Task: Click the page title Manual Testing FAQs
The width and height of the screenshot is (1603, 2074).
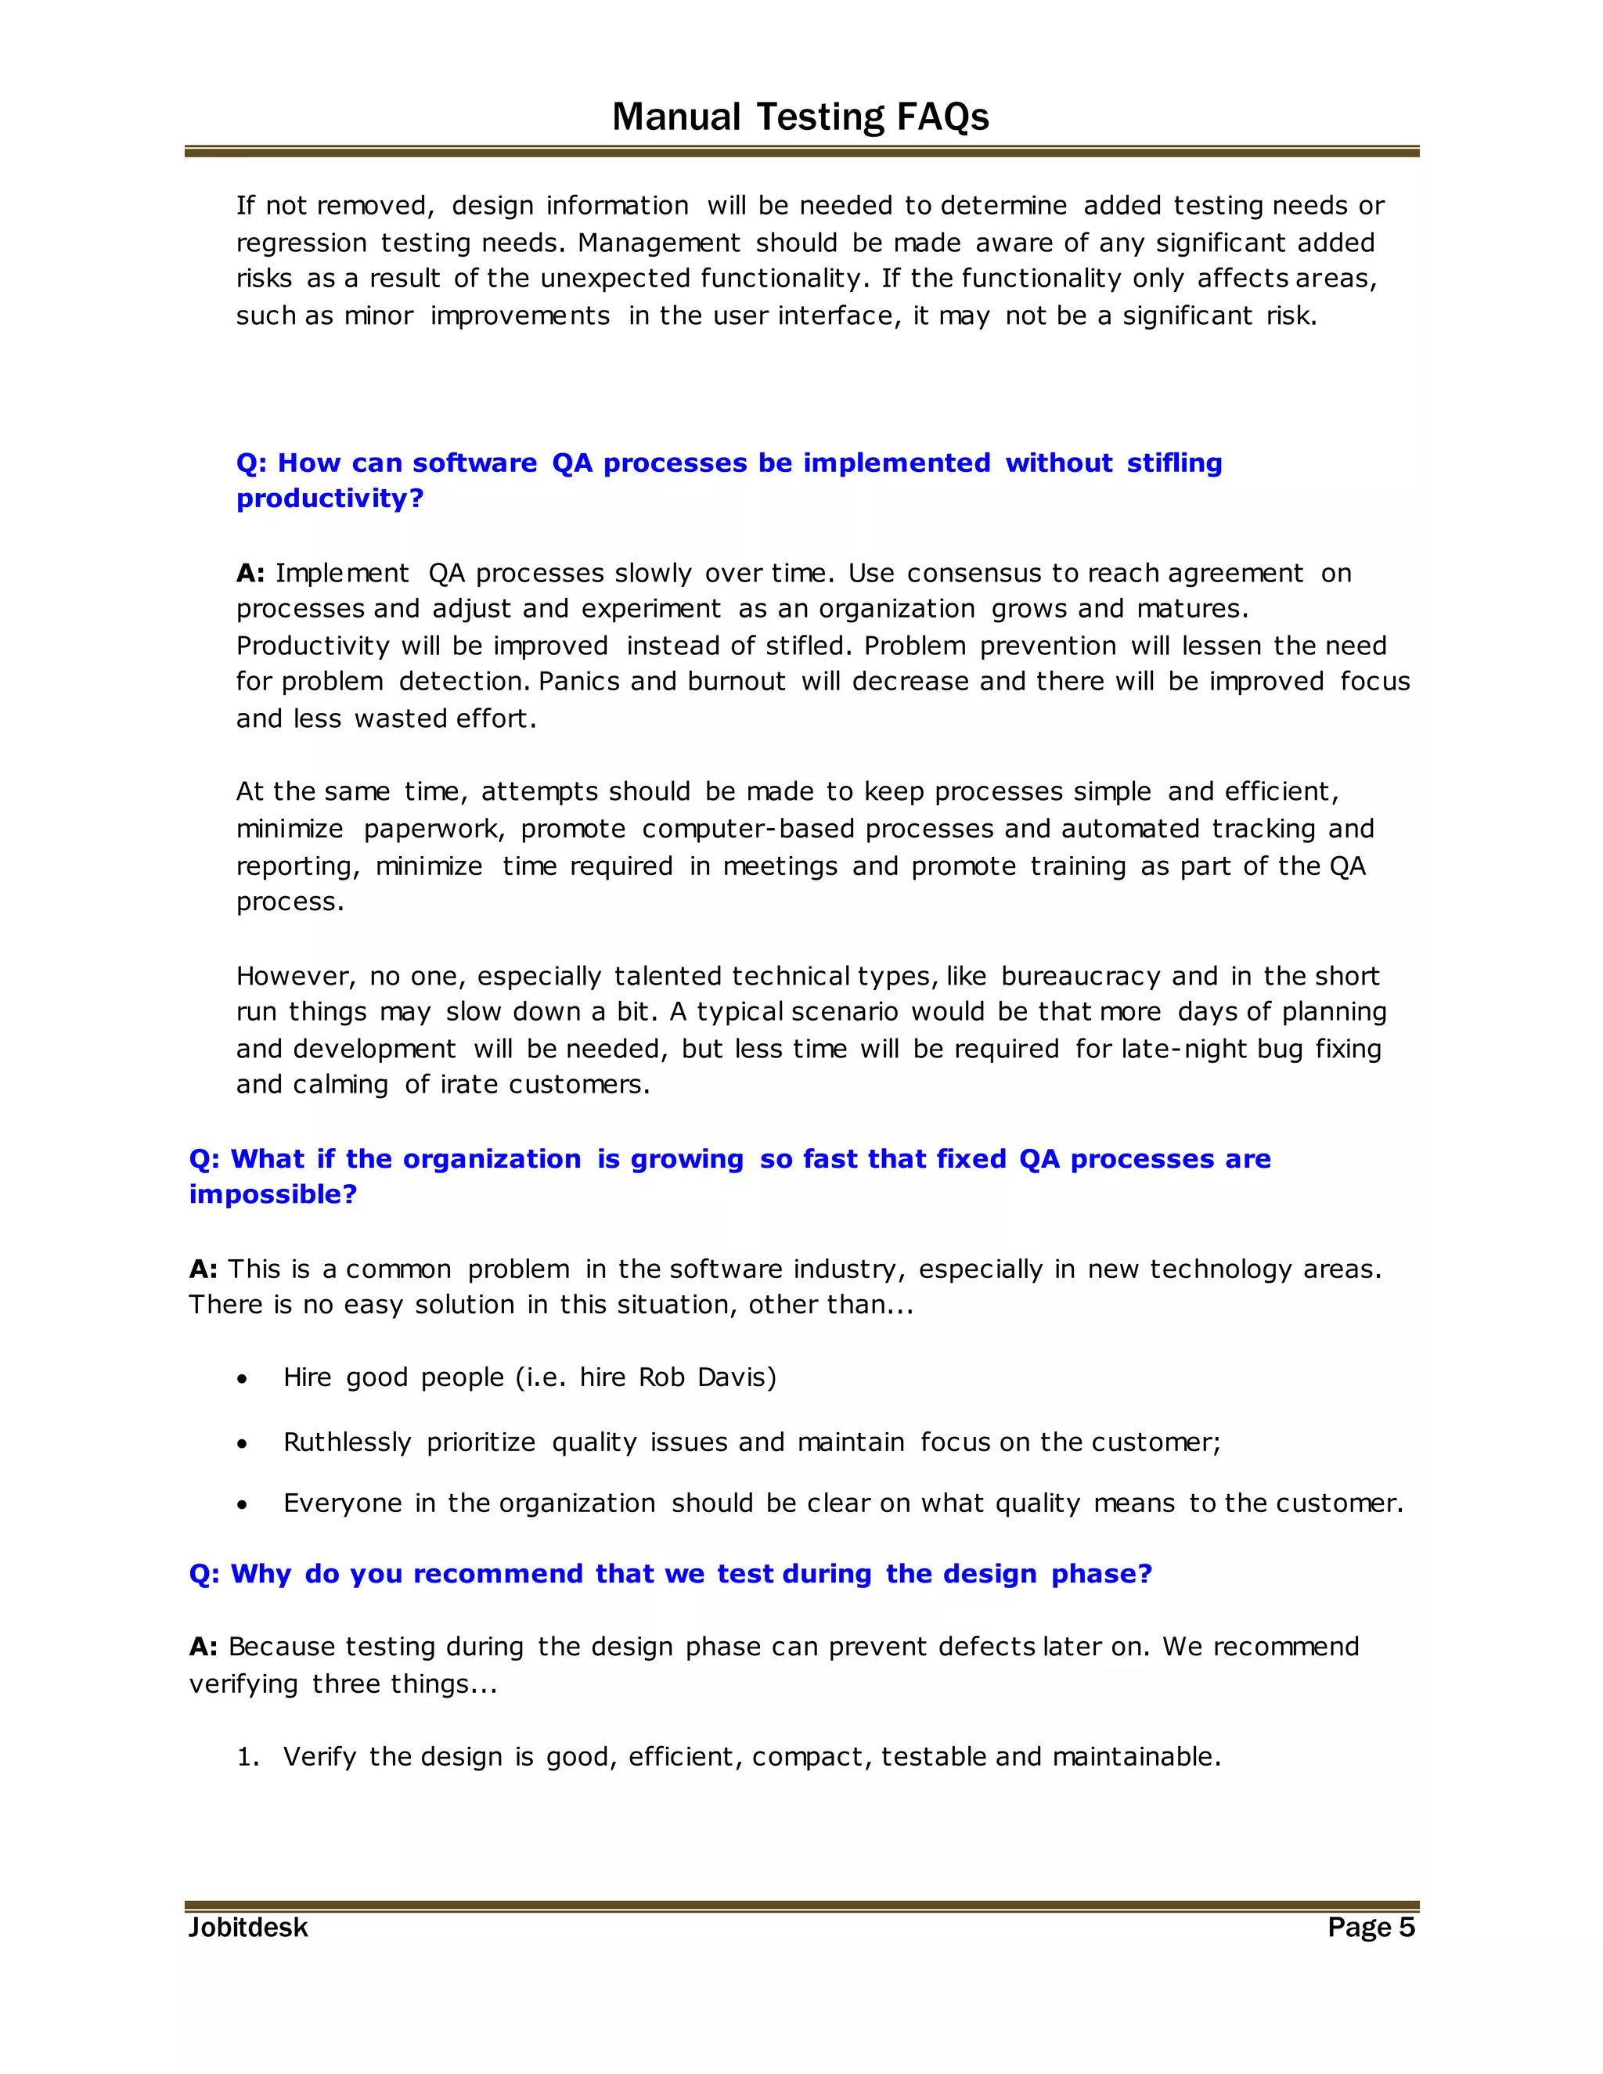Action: pyautogui.click(x=800, y=117)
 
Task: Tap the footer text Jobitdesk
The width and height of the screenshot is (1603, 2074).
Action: pyautogui.click(x=248, y=1927)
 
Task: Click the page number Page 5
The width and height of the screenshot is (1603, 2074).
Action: pyautogui.click(x=1371, y=1927)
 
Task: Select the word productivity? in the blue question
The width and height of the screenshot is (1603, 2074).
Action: pyautogui.click(x=330, y=499)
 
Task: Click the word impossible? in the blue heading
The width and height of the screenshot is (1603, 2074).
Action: pyautogui.click(x=272, y=1194)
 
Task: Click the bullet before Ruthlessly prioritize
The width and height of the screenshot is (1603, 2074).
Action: pyautogui.click(x=243, y=1443)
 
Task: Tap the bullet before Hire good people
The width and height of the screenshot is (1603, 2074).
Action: pyautogui.click(x=243, y=1379)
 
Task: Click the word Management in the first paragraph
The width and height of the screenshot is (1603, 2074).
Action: pyautogui.click(x=658, y=243)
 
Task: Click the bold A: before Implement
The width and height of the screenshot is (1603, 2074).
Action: pyautogui.click(x=250, y=574)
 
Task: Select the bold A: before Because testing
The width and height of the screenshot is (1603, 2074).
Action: pyautogui.click(x=204, y=1647)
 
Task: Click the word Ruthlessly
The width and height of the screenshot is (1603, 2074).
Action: pyautogui.click(x=347, y=1442)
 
